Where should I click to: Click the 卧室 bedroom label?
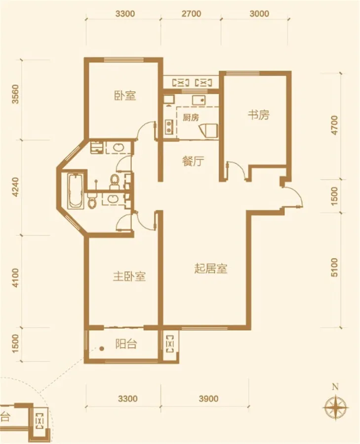[x=125, y=95]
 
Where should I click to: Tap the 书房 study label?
[x=258, y=115]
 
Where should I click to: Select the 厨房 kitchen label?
[x=191, y=117]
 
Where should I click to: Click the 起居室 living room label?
[x=211, y=268]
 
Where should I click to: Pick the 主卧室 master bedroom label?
[x=129, y=276]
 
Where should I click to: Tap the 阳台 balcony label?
[x=126, y=344]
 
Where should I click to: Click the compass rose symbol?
[x=336, y=407]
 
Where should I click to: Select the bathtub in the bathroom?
[x=76, y=191]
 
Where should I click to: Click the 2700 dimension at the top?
[x=191, y=14]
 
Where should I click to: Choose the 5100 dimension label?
[x=334, y=267]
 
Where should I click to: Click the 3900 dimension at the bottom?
[x=208, y=399]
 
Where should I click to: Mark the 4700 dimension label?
[x=335, y=125]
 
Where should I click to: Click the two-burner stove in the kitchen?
[x=169, y=127]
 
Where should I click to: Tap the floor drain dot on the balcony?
[x=102, y=349]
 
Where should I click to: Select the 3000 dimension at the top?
[x=259, y=14]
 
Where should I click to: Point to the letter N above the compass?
[x=336, y=386]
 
